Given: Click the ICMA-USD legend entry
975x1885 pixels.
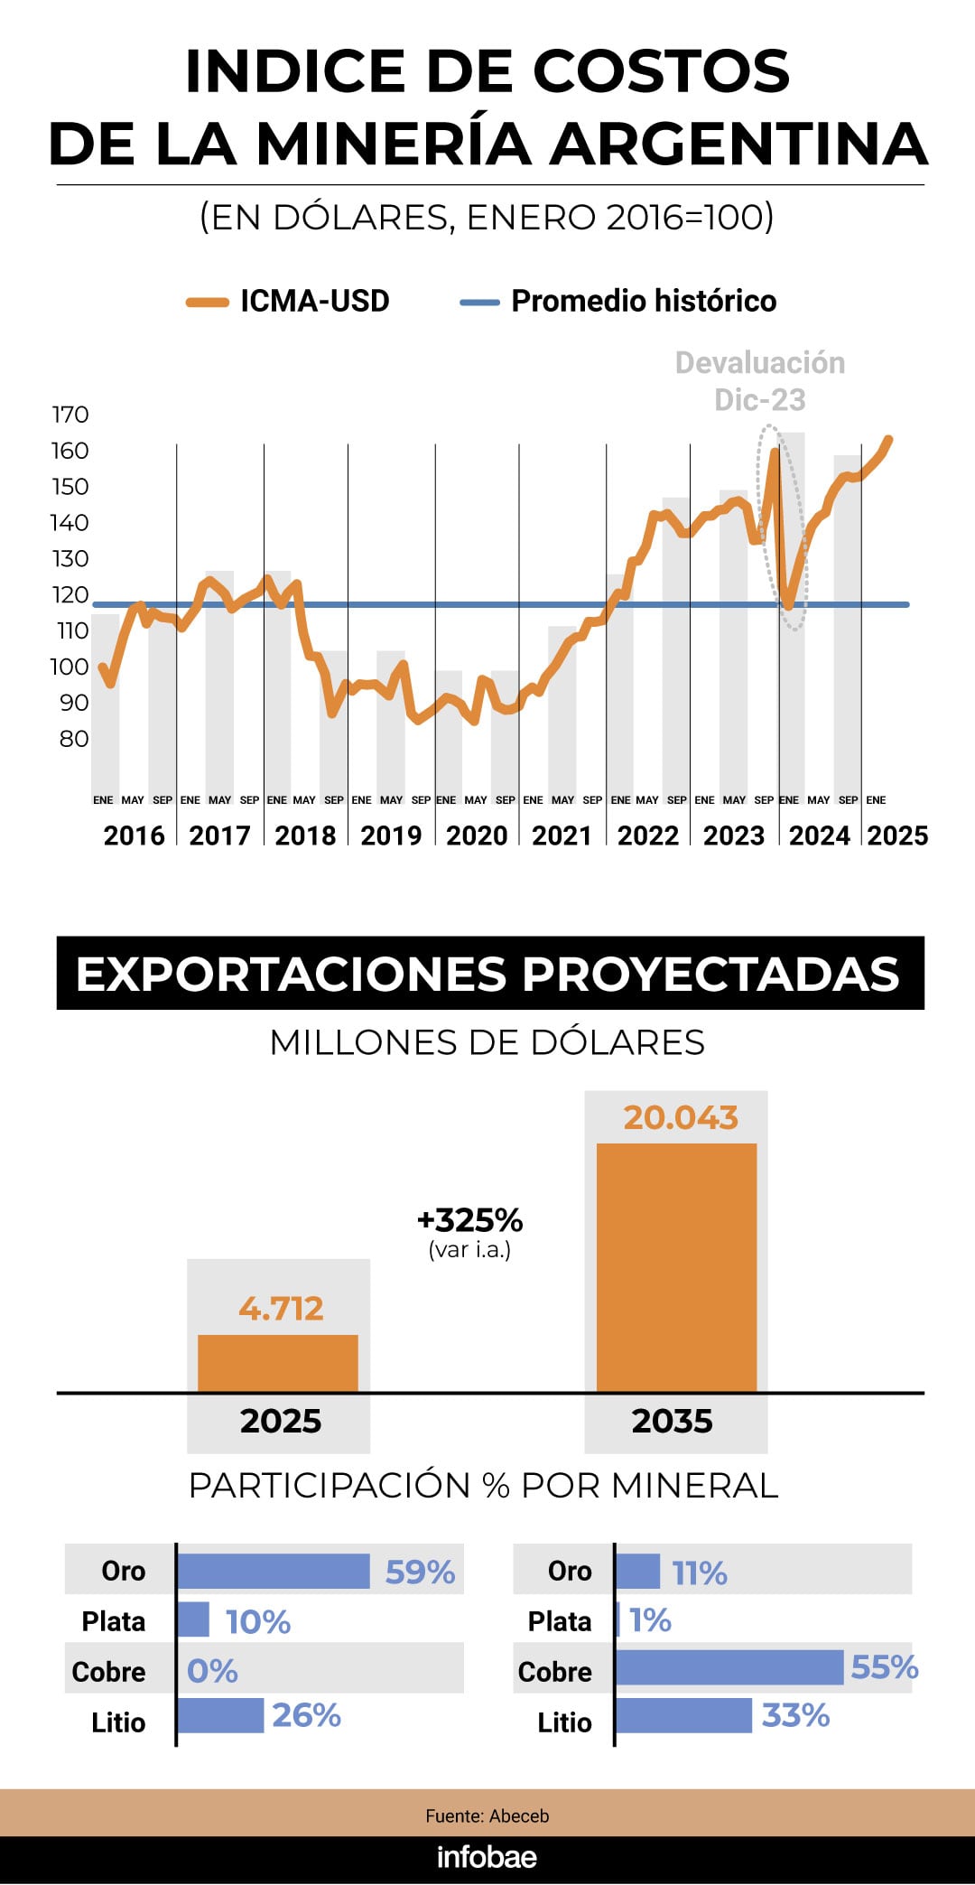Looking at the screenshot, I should point(288,301).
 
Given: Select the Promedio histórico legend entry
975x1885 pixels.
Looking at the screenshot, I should point(618,301).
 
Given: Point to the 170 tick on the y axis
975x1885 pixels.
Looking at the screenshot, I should point(70,415).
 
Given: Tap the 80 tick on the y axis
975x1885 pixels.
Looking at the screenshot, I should point(74,739).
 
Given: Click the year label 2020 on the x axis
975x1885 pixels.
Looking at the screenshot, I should point(477,835).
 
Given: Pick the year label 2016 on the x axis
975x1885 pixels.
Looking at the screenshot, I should point(134,835).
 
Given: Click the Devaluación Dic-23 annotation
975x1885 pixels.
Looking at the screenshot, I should point(760,380).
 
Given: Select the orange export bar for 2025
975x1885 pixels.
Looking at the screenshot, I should point(278,1363).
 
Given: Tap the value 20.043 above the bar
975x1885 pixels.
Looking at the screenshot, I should point(681,1118).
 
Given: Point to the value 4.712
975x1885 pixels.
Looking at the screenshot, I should point(281,1308).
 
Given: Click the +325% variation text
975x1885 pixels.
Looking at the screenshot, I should point(469,1220).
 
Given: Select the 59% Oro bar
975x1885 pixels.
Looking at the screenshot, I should point(274,1571).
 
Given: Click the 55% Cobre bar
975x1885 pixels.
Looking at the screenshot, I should point(729,1667).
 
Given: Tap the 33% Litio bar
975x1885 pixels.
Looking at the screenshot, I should point(683,1715).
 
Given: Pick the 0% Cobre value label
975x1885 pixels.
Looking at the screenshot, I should point(212,1671).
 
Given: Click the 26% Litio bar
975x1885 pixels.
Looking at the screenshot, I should point(220,1715).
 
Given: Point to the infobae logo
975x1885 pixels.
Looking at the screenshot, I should point(487,1857).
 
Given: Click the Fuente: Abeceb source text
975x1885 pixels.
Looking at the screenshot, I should point(487,1815).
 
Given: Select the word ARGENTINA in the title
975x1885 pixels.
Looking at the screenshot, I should point(739,145).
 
